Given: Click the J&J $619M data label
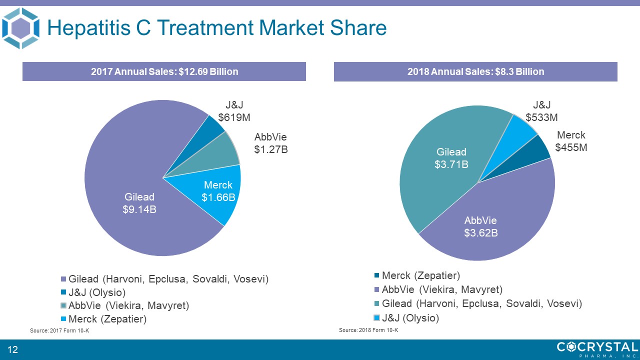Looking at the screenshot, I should click(x=237, y=111).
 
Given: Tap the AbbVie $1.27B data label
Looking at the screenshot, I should click(x=270, y=143).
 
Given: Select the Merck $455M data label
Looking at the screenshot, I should click(x=571, y=141).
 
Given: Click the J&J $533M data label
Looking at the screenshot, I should click(x=541, y=111).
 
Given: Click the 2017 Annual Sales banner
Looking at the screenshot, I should click(x=164, y=71).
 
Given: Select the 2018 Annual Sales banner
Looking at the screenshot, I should click(x=475, y=71).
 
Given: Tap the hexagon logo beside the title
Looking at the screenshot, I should click(x=20, y=28).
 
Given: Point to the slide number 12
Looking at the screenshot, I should click(x=12, y=349).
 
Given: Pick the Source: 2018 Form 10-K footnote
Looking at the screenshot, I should click(x=368, y=330).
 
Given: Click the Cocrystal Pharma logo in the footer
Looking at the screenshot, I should click(x=597, y=349).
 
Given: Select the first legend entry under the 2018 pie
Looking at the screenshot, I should click(x=420, y=275).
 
